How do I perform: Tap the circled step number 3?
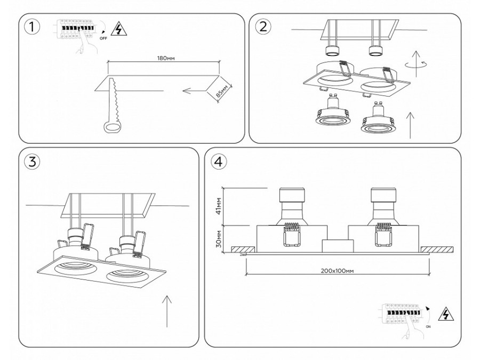(33, 162)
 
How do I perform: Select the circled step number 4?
(218, 162)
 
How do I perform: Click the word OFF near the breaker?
(103, 38)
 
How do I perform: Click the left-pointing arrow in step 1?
(194, 91)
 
